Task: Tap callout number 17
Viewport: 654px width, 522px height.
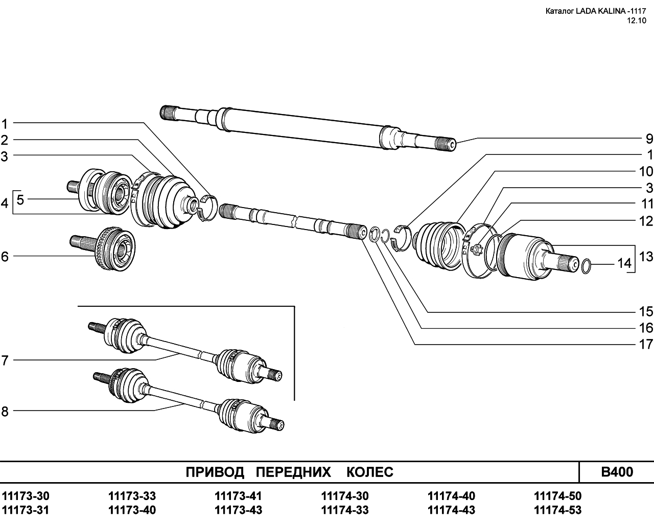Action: [x=646, y=344]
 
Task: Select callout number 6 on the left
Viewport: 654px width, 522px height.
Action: [x=5, y=256]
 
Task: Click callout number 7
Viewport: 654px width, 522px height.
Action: [x=5, y=360]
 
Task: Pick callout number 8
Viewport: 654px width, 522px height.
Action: [x=5, y=411]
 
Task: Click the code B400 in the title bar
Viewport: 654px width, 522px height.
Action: [x=617, y=472]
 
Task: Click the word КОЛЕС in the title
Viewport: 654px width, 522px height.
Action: [x=370, y=472]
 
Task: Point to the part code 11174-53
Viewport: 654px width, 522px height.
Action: [x=557, y=510]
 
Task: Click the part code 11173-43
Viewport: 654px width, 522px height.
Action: [x=239, y=510]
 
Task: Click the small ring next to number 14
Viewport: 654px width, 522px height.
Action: [x=587, y=265]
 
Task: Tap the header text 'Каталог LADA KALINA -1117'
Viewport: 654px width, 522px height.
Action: [x=596, y=11]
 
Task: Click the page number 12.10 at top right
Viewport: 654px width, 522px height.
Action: [x=637, y=21]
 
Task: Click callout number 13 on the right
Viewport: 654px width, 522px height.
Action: [x=646, y=256]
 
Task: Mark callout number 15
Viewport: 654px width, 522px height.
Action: [x=646, y=311]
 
